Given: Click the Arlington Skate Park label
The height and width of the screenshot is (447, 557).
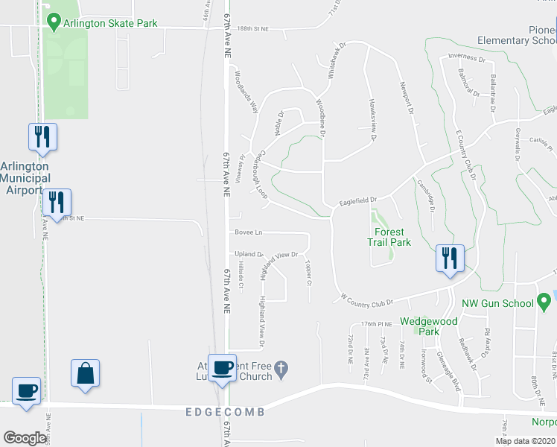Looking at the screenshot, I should click(111, 23).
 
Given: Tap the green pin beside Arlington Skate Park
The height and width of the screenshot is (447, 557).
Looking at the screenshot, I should click(53, 23).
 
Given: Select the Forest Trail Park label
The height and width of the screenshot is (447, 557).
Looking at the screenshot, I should click(389, 237).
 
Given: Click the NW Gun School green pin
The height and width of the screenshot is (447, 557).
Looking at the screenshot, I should click(544, 302).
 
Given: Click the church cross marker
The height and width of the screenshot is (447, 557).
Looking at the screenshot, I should click(281, 367).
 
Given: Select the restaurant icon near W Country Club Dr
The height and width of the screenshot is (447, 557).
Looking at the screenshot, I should click(450, 259).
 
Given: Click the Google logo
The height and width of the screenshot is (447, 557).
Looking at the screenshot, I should click(25, 438).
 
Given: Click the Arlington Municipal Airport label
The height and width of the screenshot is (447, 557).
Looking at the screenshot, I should click(25, 178).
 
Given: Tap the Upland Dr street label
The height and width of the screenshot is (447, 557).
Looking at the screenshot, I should click(249, 254).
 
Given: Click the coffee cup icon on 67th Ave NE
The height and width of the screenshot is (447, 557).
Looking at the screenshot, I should click(222, 367).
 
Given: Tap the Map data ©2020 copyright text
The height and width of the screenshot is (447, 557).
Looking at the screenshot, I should click(525, 441).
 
